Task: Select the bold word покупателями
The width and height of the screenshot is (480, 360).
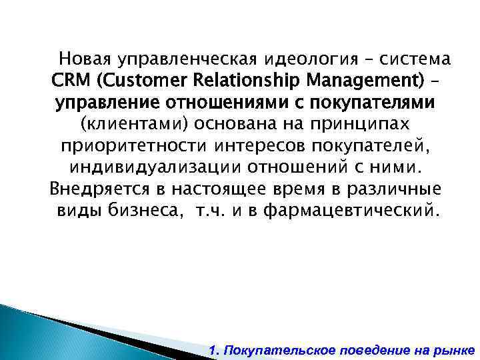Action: [x=373, y=103]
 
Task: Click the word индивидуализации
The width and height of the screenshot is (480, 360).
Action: [x=142, y=168]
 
